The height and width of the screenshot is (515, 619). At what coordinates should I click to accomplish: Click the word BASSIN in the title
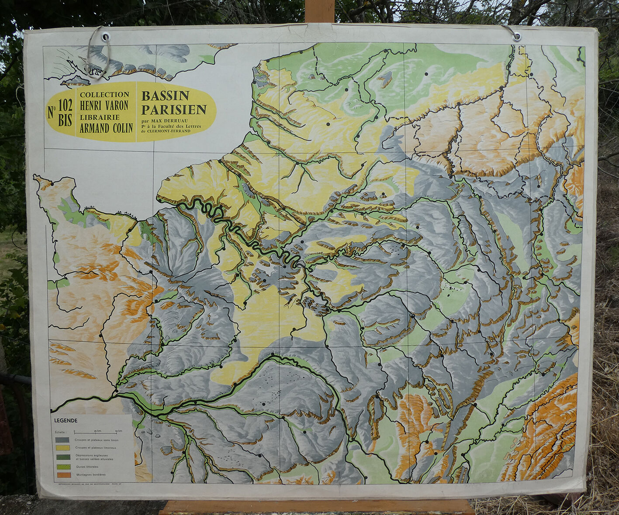tap(165, 96)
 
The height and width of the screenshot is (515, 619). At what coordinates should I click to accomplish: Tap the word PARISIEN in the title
tap(174, 109)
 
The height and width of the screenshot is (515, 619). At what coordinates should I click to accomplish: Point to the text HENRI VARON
tap(104, 105)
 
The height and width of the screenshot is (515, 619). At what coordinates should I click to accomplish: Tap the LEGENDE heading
tap(66, 421)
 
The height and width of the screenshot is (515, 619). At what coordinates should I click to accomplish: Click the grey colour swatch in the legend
tap(62, 439)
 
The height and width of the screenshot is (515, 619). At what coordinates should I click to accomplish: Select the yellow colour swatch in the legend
tap(62, 448)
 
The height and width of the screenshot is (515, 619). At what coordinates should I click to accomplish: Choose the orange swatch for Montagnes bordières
tap(62, 474)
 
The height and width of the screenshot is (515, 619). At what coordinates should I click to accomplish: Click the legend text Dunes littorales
tap(86, 467)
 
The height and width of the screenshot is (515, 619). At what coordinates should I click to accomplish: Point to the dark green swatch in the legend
tap(62, 457)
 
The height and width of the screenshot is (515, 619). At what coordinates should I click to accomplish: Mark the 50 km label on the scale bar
tap(118, 431)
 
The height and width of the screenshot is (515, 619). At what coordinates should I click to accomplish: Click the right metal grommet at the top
tap(516, 37)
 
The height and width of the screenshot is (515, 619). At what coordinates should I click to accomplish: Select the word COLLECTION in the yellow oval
tap(104, 94)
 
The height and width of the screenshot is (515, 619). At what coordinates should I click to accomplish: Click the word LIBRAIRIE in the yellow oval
tap(99, 117)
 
